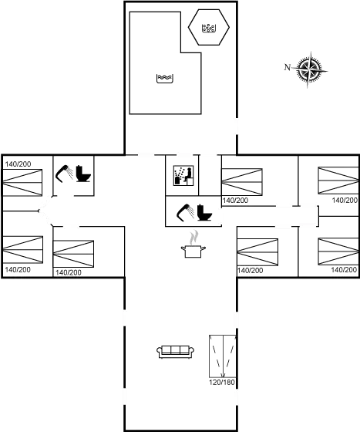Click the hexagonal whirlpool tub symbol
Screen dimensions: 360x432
(209, 27)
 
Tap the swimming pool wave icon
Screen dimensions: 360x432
(165, 78)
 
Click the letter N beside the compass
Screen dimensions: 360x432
(288, 67)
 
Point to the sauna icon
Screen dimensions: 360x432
(183, 176)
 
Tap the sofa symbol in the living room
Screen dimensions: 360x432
(175, 352)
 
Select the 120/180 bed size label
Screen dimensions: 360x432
(222, 383)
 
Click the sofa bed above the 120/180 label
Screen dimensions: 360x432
(223, 356)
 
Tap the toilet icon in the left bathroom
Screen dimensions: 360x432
(83, 174)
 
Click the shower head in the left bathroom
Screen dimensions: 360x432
(64, 174)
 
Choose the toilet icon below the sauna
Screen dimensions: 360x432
(205, 212)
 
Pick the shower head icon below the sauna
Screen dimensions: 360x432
(185, 212)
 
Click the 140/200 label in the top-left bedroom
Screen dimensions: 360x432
(18, 164)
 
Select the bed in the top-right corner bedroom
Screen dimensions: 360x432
(338, 181)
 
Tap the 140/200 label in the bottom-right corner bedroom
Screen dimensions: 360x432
(344, 269)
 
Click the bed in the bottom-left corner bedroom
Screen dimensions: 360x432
(22, 250)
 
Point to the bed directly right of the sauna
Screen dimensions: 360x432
(242, 182)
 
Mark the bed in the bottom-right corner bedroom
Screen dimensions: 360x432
(338, 251)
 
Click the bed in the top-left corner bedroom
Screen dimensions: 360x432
(22, 183)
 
